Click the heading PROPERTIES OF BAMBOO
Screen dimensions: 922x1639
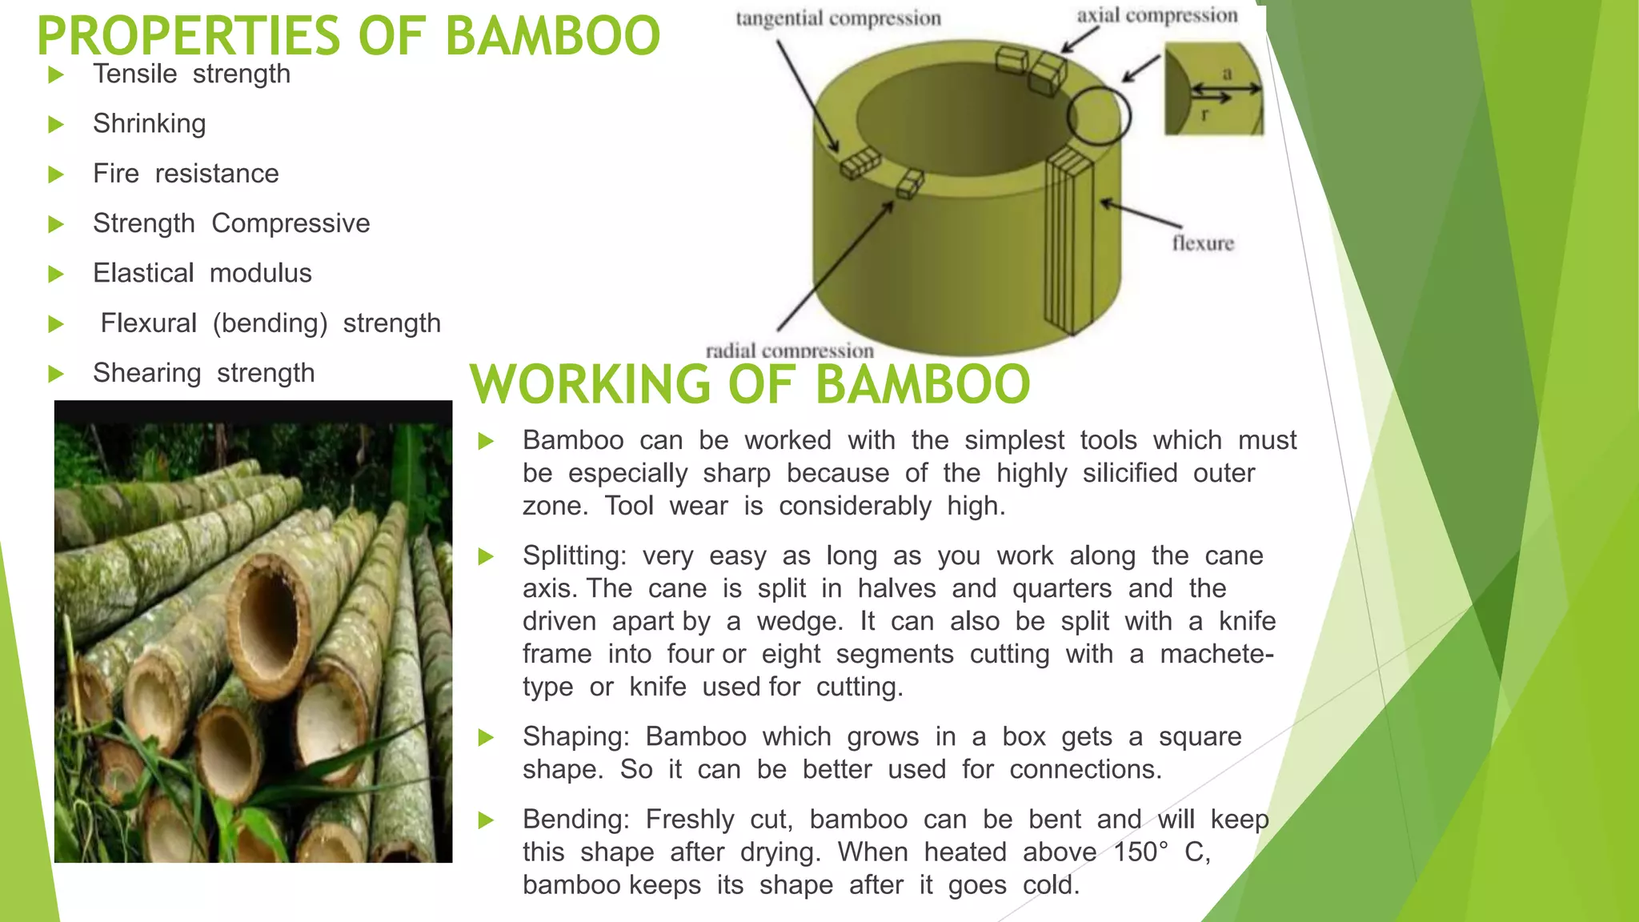pos(348,36)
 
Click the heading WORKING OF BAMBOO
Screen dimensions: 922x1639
pos(750,385)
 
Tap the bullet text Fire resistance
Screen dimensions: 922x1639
pos(186,174)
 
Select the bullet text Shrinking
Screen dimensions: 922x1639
pos(150,124)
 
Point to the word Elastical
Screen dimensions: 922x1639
pos(143,273)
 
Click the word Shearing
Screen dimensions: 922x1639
pos(146,373)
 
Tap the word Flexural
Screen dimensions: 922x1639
pos(148,323)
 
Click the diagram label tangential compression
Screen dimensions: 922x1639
pos(838,18)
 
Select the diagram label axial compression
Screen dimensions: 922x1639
pos(1156,15)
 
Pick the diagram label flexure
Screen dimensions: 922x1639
pos(1203,243)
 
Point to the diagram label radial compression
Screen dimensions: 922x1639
pos(789,351)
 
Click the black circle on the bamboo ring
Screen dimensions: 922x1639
pos(1098,116)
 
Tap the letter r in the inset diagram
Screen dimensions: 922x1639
pos(1204,114)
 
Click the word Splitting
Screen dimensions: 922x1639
pos(574,556)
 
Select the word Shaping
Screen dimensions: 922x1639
pos(576,737)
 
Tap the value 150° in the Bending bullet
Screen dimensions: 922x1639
pos(1140,852)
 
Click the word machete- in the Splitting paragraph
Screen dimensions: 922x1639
pos(1216,655)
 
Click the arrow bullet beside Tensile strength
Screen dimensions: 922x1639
pos(56,75)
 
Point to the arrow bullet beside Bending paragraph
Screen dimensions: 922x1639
pos(486,820)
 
